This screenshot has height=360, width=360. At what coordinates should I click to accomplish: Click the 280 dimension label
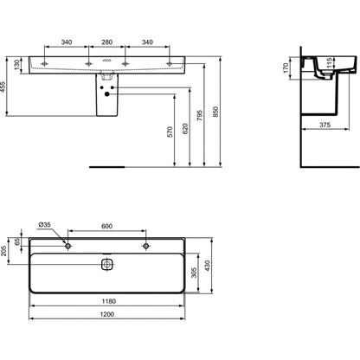pos(106,42)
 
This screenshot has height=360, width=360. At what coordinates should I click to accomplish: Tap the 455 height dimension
pos(3,87)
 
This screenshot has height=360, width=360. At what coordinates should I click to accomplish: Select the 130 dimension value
pos(17,65)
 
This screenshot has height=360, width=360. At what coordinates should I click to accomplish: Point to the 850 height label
pos(215,112)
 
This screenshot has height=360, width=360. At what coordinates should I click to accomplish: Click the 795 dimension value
pos(200,115)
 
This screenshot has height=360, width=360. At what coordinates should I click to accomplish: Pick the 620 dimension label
pos(185,129)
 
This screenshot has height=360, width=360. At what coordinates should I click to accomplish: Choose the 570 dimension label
pos(170,132)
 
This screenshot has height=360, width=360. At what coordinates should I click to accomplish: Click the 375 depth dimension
pos(325,125)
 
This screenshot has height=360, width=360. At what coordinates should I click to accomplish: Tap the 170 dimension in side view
pos(286,67)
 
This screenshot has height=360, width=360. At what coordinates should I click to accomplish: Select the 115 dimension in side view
pos(330,63)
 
